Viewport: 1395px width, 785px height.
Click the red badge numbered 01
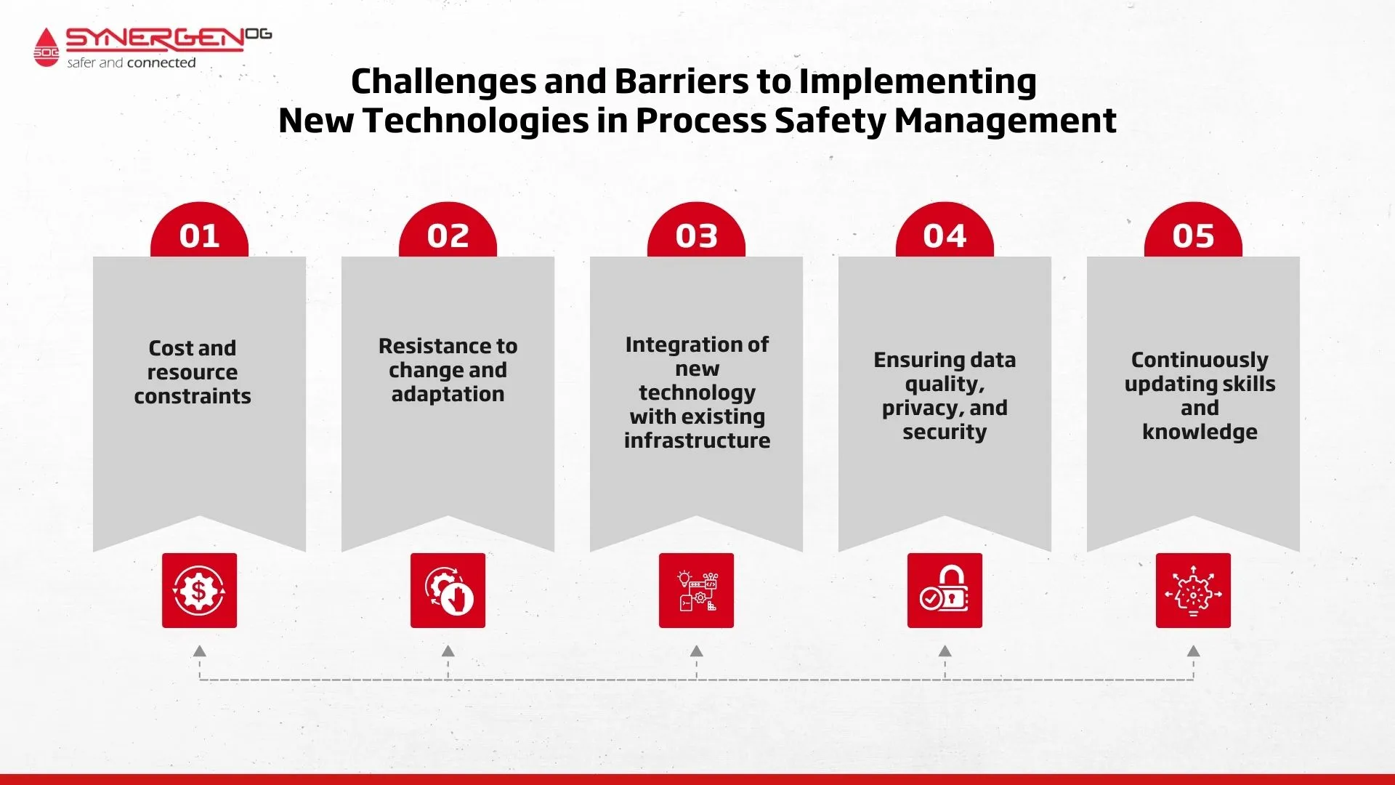[199, 230]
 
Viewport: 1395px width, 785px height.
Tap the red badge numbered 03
[696, 230]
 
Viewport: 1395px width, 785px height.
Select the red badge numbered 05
[1193, 230]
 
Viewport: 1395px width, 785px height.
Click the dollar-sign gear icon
[199, 590]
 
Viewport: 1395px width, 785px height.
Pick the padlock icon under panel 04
[945, 590]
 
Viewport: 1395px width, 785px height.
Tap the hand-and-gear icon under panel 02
[448, 590]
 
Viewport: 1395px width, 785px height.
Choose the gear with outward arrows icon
[1193, 590]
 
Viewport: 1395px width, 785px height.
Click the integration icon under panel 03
[696, 590]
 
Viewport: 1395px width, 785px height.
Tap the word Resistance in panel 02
[426, 346]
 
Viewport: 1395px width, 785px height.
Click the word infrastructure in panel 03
[697, 440]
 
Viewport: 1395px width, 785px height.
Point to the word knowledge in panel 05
[1200, 432]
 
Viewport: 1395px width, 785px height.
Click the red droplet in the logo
[46, 47]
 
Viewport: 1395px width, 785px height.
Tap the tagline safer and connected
[132, 63]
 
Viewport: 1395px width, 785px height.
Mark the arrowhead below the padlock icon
[945, 651]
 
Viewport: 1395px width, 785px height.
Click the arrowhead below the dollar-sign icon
[199, 651]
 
